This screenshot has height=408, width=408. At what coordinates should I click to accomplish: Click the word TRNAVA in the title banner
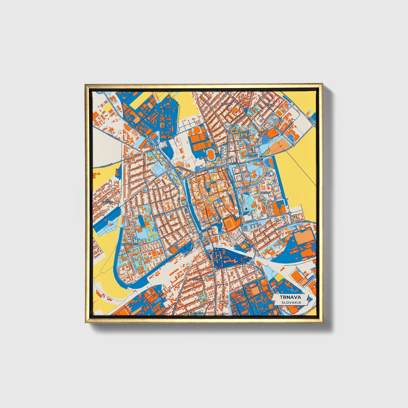[x=291, y=297]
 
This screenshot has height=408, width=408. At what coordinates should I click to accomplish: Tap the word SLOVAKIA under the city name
[x=291, y=302]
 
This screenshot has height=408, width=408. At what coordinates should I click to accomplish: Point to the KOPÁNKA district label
[x=227, y=104]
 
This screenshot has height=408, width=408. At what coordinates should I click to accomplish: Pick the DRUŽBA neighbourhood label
[x=266, y=193]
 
